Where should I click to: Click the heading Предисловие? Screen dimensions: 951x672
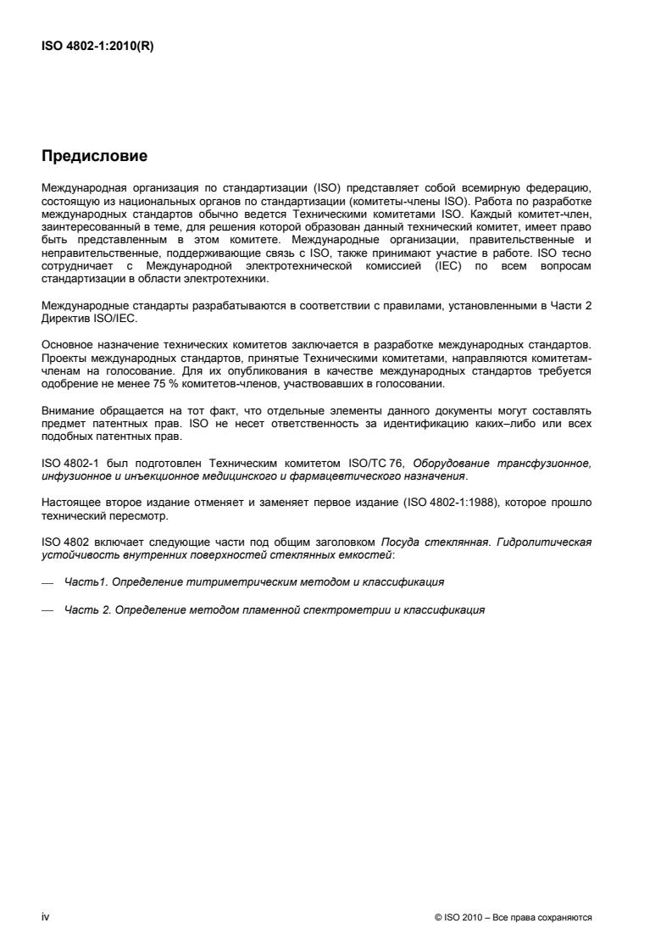[x=94, y=156]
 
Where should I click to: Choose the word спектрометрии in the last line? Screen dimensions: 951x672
[x=347, y=609]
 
